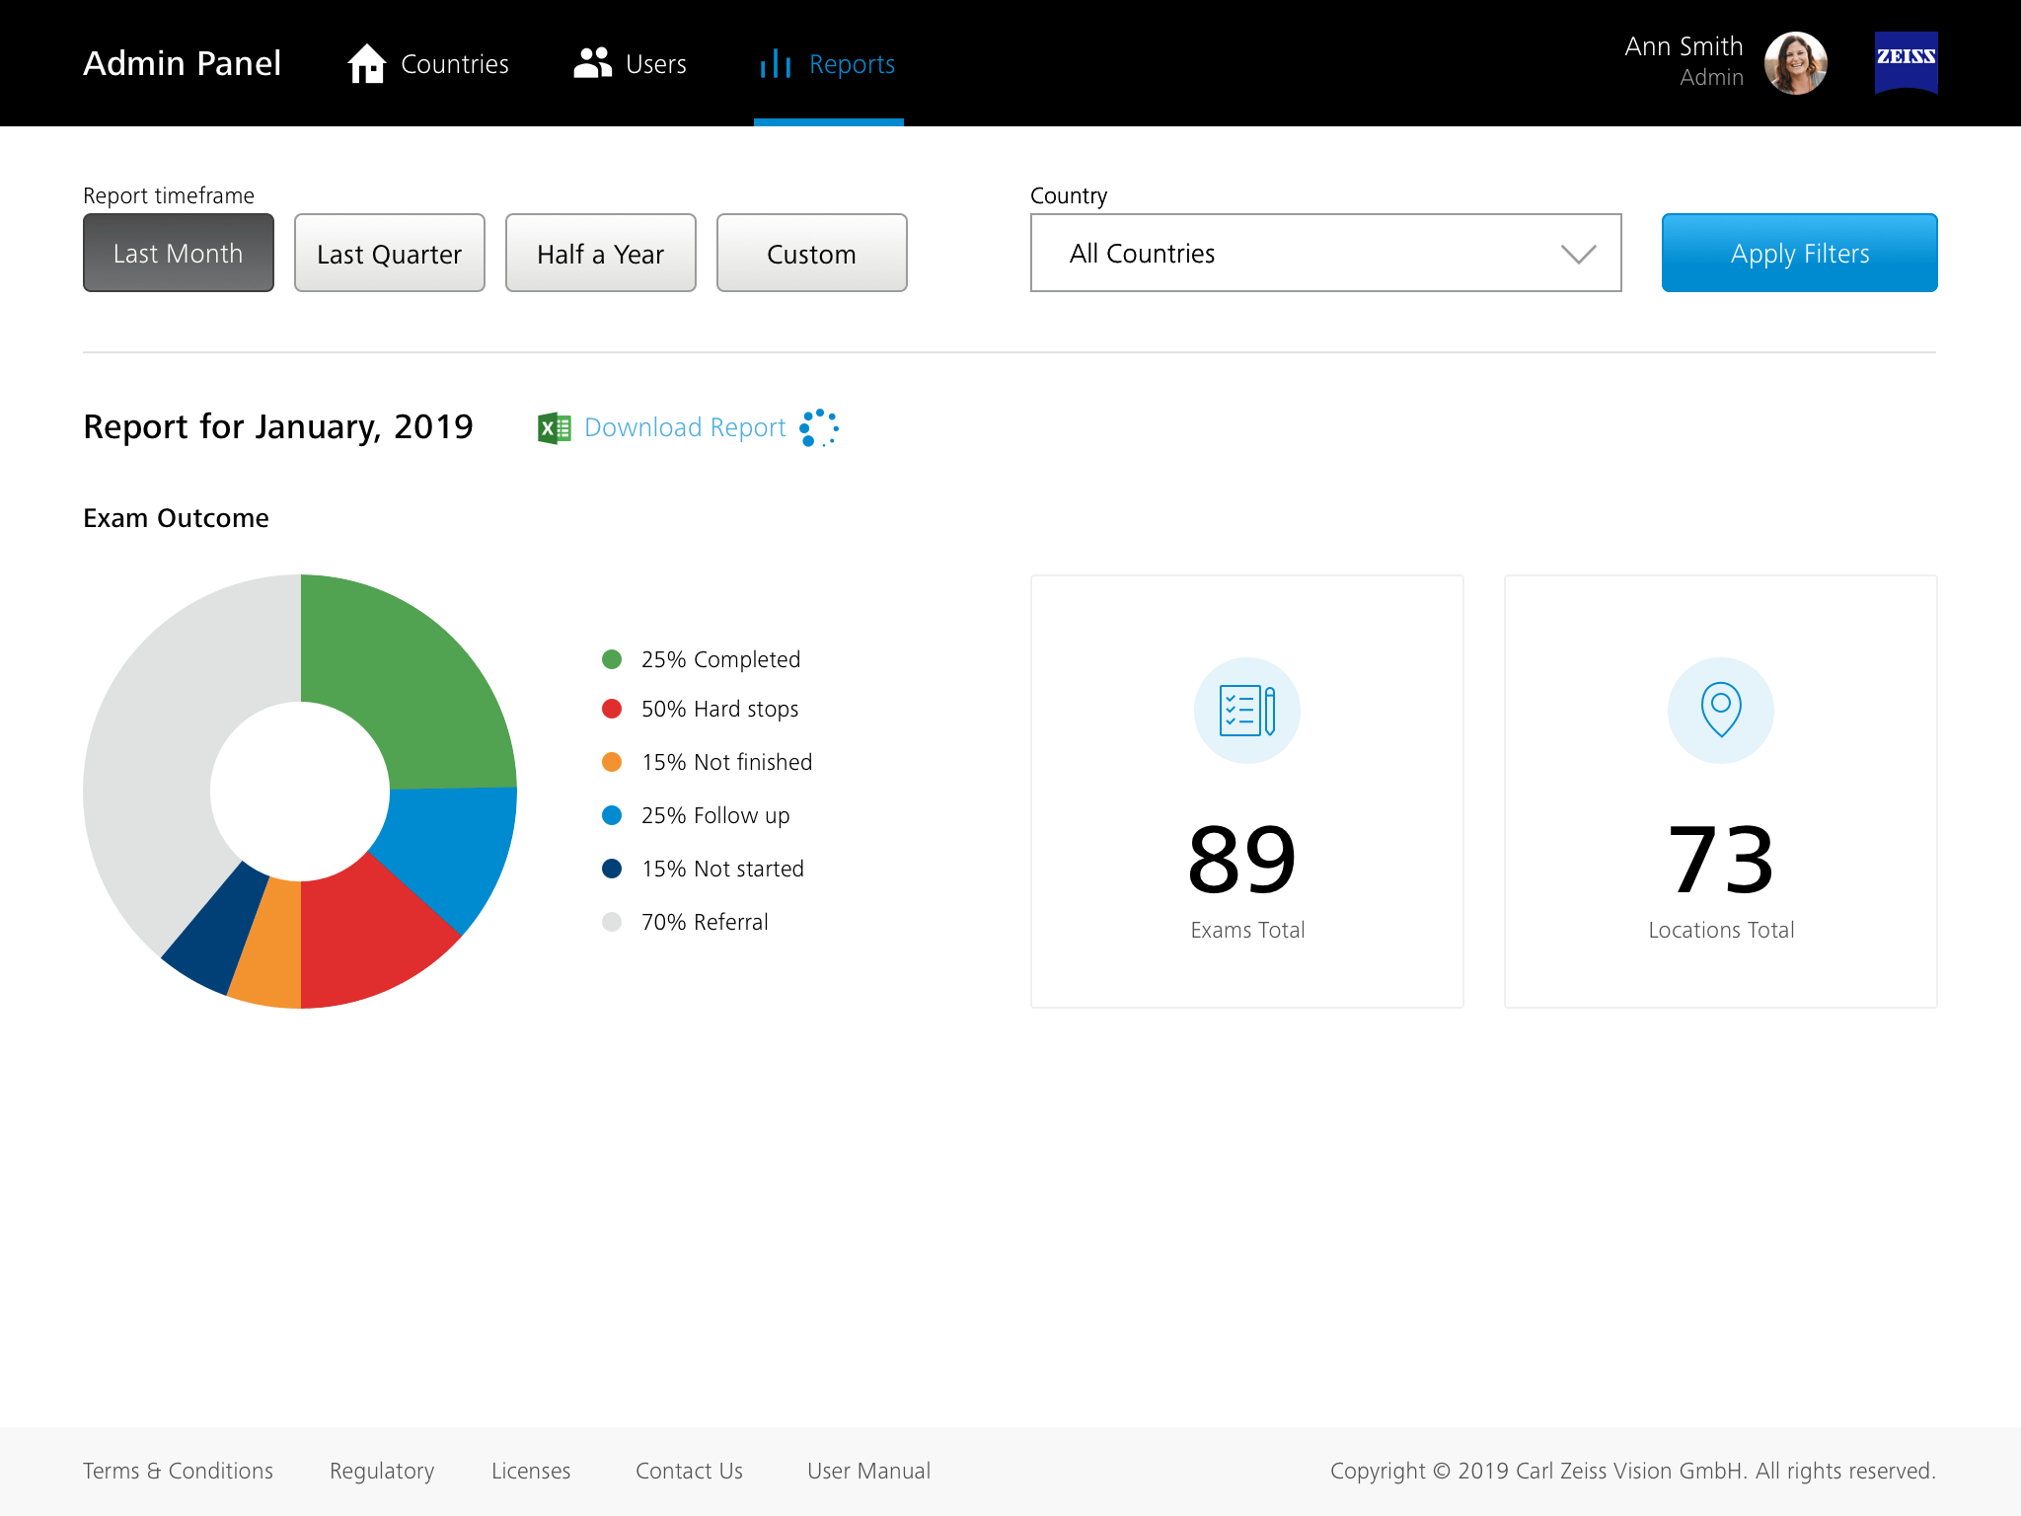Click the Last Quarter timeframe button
pos(389,254)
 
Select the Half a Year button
pos(600,254)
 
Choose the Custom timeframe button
pos(811,254)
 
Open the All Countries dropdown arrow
pos(1578,255)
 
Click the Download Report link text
pos(685,427)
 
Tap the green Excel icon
pos(554,428)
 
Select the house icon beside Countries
pos(366,64)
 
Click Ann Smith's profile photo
pos(1795,63)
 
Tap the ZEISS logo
pos(1906,62)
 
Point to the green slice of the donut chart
pos(414,681)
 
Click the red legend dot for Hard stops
pos(612,709)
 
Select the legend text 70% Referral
pos(704,922)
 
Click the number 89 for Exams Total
pos(1242,860)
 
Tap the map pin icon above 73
pos(1720,710)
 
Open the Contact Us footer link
pos(689,1471)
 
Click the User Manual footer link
pos(868,1471)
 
